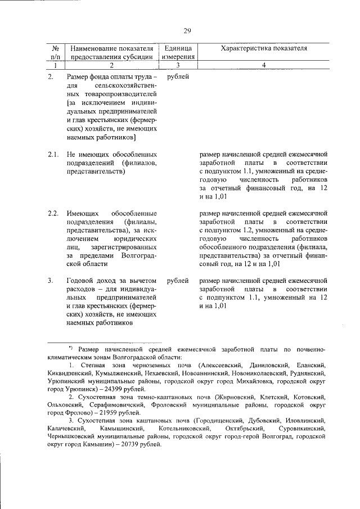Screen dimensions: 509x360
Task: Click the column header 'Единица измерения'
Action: pos(178,52)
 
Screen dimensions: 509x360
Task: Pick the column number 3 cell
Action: pos(178,65)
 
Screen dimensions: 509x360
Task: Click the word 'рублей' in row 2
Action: pos(178,76)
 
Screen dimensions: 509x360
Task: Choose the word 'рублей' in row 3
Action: pos(178,280)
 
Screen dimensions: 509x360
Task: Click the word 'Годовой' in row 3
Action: pos(79,280)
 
